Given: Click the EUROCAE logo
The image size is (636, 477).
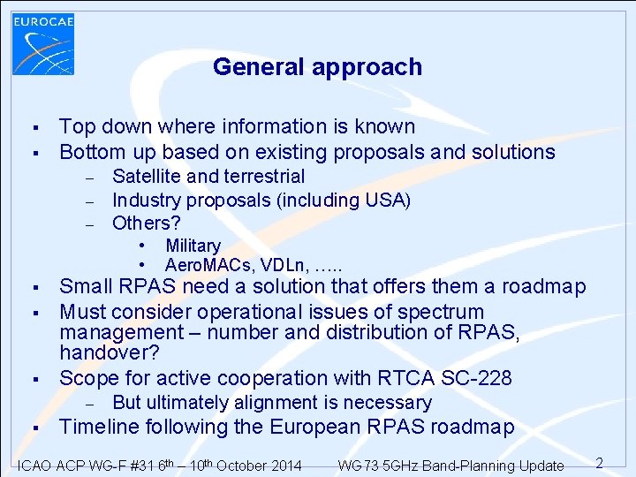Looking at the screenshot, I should pyautogui.click(x=43, y=43).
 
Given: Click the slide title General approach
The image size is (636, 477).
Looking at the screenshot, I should pyautogui.click(x=317, y=67).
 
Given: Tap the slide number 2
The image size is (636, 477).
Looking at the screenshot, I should pyautogui.click(x=598, y=463).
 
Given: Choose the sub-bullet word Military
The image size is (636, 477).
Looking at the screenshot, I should pyautogui.click(x=193, y=246).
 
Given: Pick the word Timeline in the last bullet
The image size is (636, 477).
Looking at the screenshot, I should pyautogui.click(x=100, y=428).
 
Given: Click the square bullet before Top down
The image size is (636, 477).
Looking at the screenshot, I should pyautogui.click(x=32, y=128).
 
